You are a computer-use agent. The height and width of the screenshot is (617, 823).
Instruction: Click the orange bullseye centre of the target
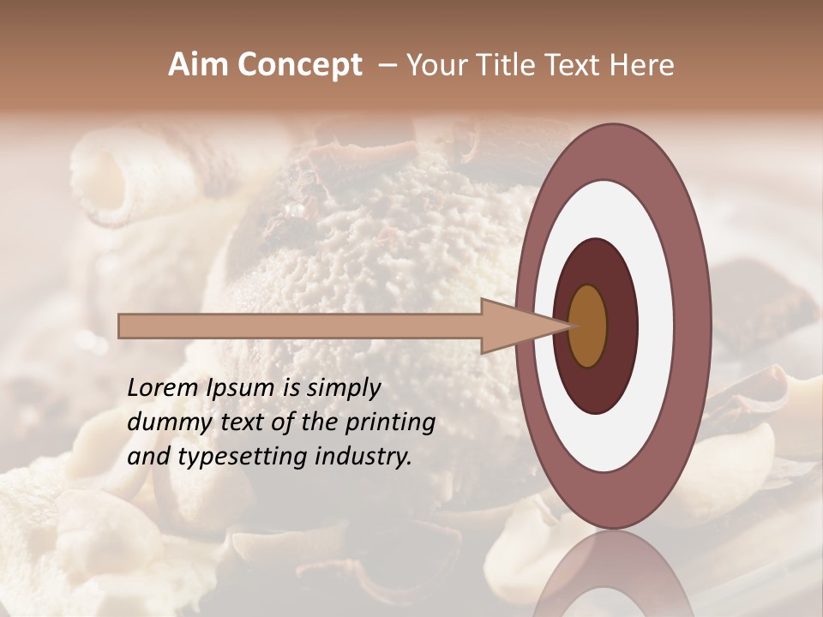point(588,326)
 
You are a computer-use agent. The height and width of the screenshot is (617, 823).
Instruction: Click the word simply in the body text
point(344,387)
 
